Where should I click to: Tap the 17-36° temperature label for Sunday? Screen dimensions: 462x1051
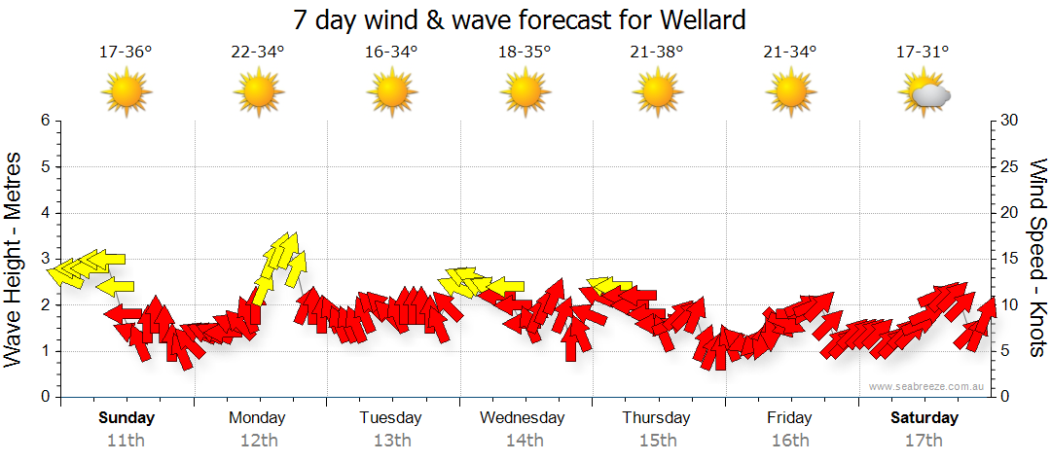[x=126, y=53]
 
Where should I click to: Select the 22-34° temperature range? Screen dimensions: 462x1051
[x=258, y=53]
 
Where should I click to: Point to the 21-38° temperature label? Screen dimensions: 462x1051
[x=657, y=53]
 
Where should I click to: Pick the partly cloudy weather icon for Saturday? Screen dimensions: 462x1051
[x=924, y=93]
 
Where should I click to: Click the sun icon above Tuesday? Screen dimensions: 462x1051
[x=391, y=93]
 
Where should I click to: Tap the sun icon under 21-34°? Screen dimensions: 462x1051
[x=790, y=93]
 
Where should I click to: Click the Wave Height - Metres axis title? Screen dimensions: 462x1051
[x=15, y=259]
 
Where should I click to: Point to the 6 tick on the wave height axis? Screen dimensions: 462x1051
[x=45, y=121]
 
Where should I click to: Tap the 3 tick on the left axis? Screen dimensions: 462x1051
[x=45, y=259]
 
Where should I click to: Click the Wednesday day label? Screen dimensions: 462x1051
[x=523, y=418]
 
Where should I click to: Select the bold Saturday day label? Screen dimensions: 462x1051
[x=924, y=418]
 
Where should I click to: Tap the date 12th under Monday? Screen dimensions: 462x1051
[x=258, y=440]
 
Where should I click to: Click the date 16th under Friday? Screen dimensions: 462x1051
[x=789, y=440]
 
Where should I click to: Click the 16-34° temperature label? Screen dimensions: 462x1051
[x=391, y=53]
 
